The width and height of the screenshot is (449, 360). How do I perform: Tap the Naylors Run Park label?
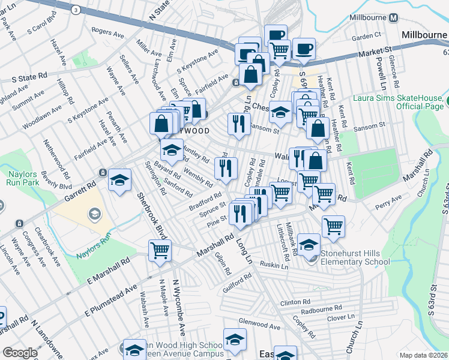(23, 180)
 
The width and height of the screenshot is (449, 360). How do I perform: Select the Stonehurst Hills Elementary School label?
(355, 257)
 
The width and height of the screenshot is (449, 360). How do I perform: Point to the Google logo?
(20, 352)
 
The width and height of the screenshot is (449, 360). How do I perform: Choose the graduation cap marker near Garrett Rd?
(119, 179)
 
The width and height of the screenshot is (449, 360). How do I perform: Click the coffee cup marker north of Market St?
(304, 48)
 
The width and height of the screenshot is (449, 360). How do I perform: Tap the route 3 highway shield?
(75, 10)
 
